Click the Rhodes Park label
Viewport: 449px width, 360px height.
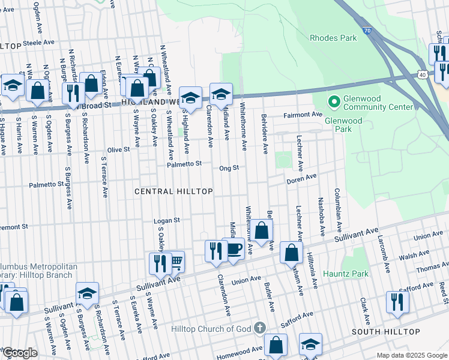point(333,38)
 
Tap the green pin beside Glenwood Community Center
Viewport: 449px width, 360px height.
point(333,100)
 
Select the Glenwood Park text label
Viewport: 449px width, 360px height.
point(343,124)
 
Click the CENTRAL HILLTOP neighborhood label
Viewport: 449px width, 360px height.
point(173,191)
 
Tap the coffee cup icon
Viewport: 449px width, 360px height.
point(234,249)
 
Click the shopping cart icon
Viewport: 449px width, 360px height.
point(176,262)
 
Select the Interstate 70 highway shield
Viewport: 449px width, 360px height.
point(366,29)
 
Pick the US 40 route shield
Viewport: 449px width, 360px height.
point(423,74)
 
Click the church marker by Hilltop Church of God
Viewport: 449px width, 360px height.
point(259,328)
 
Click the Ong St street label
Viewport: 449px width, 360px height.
point(229,169)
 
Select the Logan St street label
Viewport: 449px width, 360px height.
point(167,220)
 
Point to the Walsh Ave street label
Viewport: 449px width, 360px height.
point(417,255)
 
